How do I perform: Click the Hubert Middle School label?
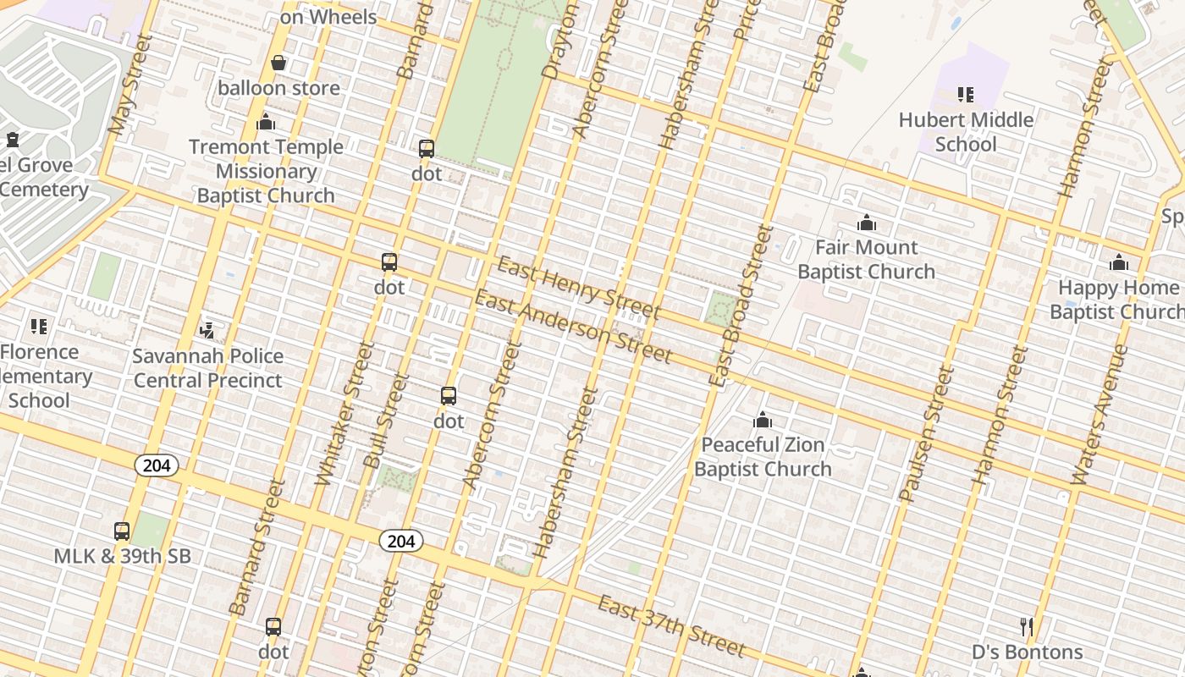point(966,132)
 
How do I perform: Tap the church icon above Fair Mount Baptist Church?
point(866,223)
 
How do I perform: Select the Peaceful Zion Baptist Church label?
point(763,456)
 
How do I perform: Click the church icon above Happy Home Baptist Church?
point(1119,263)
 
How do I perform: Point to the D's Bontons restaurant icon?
point(1027,627)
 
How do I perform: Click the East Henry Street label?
point(578,288)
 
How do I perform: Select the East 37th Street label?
point(671,626)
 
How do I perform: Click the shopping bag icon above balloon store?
point(278,63)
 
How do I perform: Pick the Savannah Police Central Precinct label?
point(208,368)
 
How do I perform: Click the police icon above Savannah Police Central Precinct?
point(207,329)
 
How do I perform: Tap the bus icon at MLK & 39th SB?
point(122,531)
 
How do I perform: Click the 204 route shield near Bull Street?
point(400,541)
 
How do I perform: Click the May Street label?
point(130,85)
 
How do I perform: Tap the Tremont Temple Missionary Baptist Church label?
point(266,171)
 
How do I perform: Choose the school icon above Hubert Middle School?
point(966,94)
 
